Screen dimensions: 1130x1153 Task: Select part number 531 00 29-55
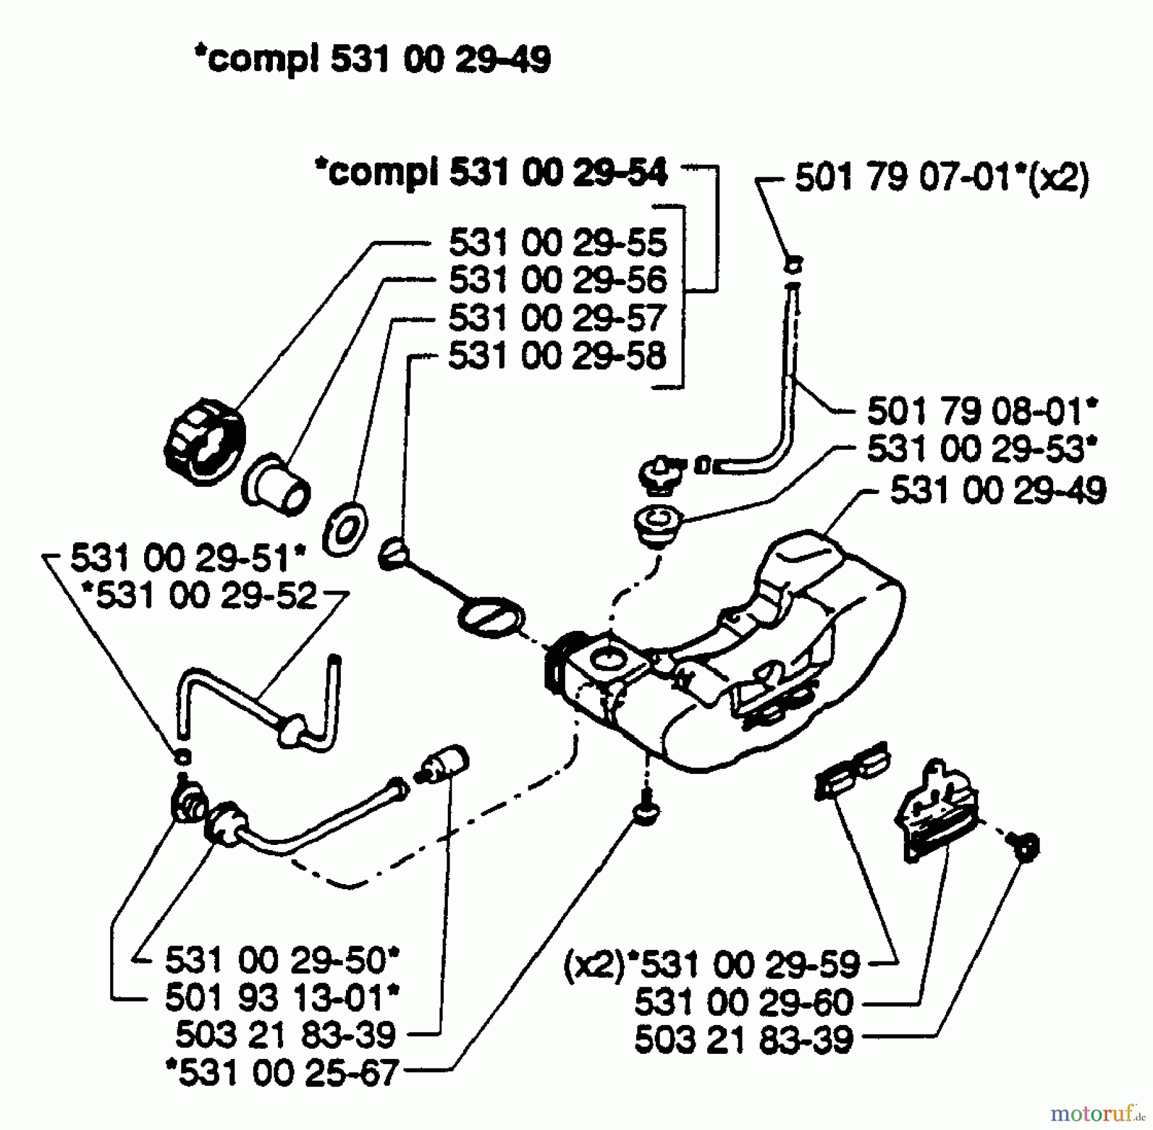(557, 243)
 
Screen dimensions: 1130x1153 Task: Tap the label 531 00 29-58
(557, 356)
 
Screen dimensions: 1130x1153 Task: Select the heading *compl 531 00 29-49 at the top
(372, 61)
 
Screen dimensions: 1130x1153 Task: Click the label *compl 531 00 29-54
(491, 173)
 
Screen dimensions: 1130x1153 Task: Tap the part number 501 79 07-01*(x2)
(942, 178)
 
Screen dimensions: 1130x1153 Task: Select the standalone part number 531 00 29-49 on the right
(998, 491)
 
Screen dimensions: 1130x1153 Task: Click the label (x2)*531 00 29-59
(711, 965)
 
